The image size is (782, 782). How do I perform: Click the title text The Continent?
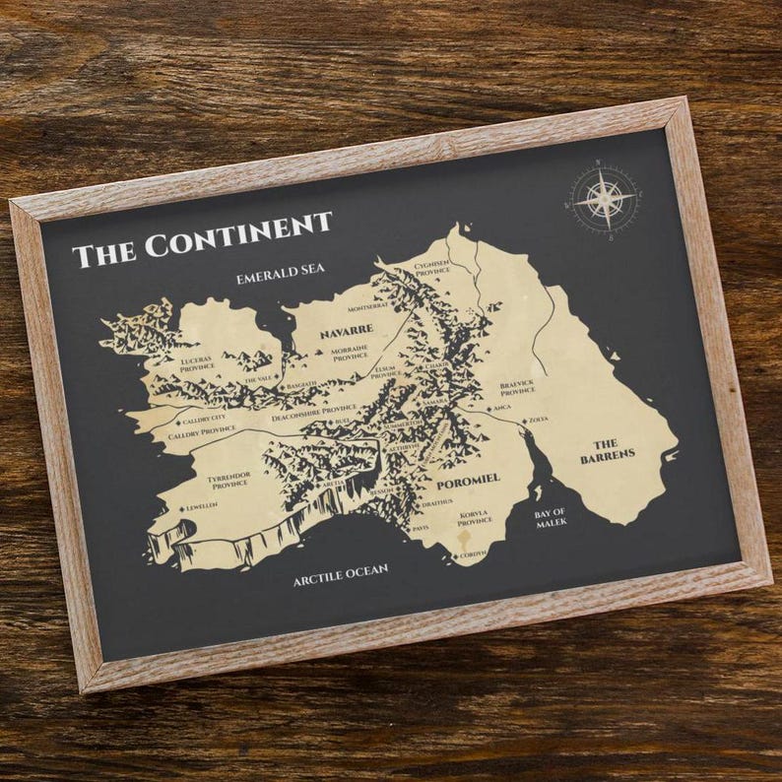[202, 238]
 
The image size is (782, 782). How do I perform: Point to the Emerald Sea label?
[280, 275]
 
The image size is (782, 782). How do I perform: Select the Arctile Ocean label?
[340, 574]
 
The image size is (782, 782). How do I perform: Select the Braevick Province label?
[517, 387]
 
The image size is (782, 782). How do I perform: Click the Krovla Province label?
[474, 518]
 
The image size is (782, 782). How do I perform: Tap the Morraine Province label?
[350, 354]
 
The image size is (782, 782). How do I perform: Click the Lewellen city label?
[202, 507]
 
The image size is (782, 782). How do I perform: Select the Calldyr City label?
[204, 419]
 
